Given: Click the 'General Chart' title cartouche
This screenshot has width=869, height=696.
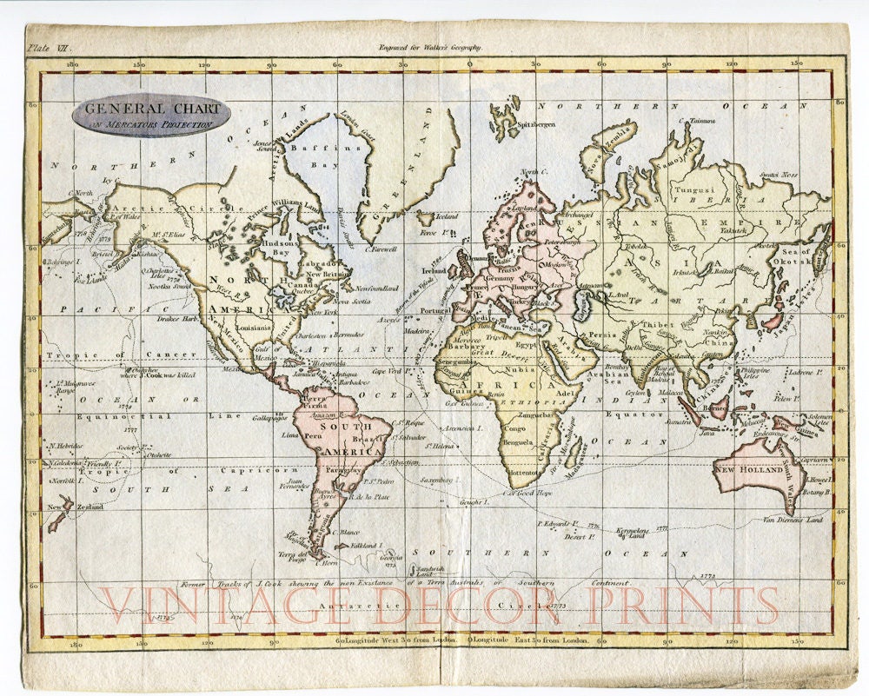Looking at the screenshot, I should coord(152,116).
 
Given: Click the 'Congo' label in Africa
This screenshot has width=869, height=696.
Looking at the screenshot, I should coord(515,428).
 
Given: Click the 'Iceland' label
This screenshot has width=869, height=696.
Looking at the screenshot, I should coord(447,216).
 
